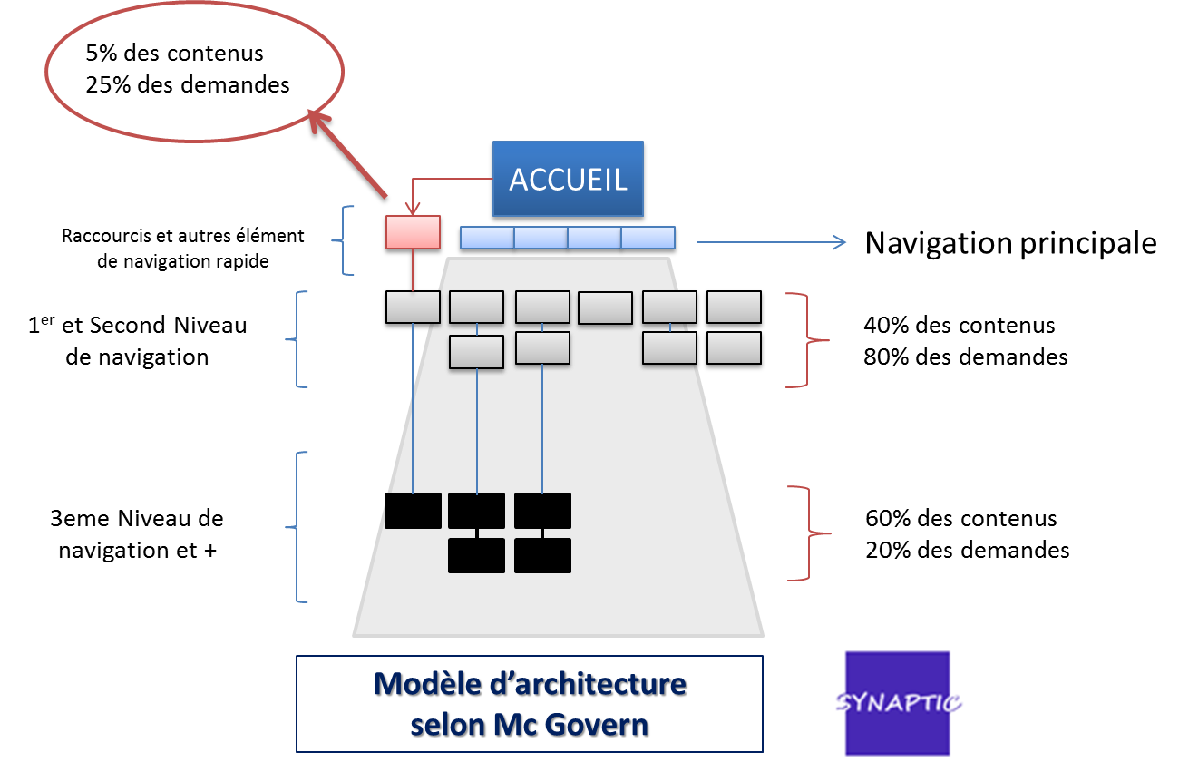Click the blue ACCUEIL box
569,179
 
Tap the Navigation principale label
1010,243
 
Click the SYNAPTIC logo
898,703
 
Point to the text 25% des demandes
188,84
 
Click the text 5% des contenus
174,53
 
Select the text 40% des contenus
959,325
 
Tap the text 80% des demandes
965,357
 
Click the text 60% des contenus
960,519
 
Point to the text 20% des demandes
967,550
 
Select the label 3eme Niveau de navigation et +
137,533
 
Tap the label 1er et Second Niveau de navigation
138,340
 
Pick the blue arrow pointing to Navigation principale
771,242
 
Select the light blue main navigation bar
568,238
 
